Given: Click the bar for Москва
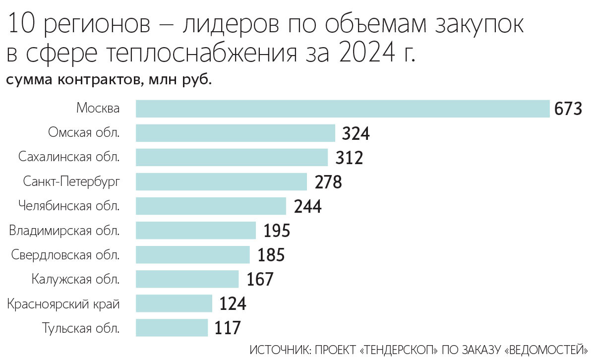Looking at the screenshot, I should point(343,109).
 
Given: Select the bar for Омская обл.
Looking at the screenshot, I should point(236,133).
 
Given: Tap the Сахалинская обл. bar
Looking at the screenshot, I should point(232,157).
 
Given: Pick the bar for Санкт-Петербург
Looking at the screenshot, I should point(221,181).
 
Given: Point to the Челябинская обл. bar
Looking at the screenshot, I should point(211,206).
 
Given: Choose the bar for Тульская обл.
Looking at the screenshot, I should point(172,328).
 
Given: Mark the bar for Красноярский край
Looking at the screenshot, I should point(174,303).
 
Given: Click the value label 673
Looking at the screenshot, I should point(568,109).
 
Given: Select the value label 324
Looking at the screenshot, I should point(356,133).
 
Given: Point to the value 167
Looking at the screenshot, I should point(259,279).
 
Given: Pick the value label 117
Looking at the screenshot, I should point(228,328).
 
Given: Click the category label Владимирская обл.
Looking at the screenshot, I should point(64,231).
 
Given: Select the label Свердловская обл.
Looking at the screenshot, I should point(65,255).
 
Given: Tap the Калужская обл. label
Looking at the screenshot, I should point(75,279).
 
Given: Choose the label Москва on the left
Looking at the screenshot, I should point(98,109).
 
